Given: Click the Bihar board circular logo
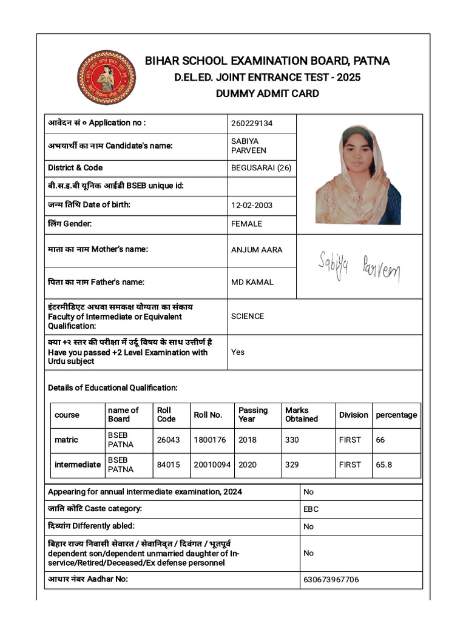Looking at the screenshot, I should point(106,78).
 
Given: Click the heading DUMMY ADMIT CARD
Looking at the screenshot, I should point(267,93).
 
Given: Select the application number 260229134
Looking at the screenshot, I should point(252,123).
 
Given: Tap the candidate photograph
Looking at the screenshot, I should point(358,174).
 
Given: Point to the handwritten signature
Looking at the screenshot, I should point(359,267).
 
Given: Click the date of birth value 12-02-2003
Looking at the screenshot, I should point(252,205).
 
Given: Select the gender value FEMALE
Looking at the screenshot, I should point(246,224).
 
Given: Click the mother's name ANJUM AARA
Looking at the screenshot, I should point(257,250).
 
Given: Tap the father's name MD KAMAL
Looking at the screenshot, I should point(252,282).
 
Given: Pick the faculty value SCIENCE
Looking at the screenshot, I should point(248,316).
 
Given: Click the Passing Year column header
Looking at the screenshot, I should point(253,415).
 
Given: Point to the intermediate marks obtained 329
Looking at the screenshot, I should point(292,465).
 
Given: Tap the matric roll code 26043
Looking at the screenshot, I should point(168,440).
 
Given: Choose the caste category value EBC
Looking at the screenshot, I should point(311,509).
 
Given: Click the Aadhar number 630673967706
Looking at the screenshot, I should point(331,580).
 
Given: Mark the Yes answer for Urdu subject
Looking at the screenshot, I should point(238,352).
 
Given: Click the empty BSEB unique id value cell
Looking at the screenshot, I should point(262,186).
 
